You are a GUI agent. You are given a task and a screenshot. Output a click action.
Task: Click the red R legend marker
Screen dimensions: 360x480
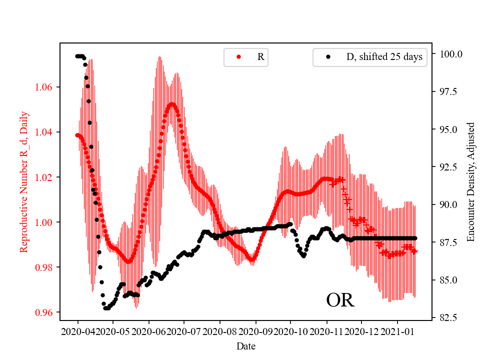coord(238,57)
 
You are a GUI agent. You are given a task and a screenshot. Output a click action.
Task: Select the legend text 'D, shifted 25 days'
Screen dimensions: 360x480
coord(384,57)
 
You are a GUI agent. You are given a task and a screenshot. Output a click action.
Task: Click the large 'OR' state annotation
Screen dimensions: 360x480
coord(340,300)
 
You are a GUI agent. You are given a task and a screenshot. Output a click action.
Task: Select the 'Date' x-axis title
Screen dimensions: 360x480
coord(246,345)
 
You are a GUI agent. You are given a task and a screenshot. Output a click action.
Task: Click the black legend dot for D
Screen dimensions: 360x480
coord(328,57)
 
